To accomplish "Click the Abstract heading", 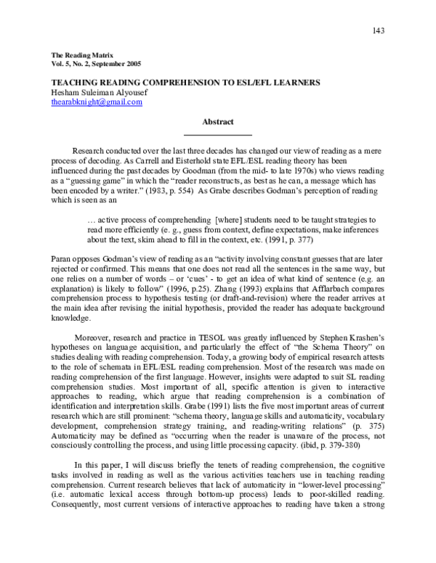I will [217, 123].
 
